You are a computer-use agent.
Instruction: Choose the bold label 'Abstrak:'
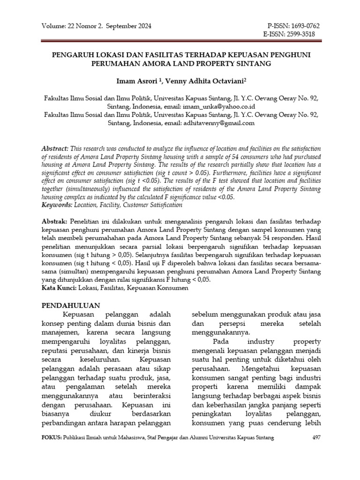[55, 221]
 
